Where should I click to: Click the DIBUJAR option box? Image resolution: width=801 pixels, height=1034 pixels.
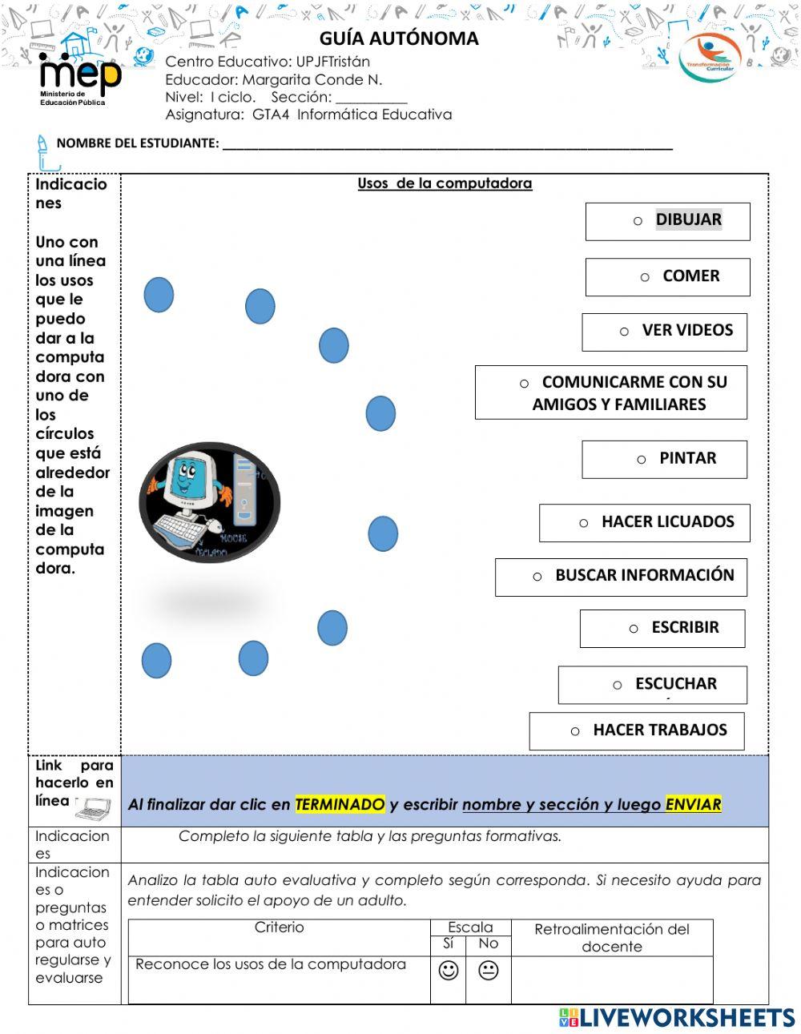click(668, 221)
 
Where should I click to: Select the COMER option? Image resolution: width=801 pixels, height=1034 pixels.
click(668, 277)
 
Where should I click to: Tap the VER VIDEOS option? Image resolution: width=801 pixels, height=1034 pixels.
click(665, 332)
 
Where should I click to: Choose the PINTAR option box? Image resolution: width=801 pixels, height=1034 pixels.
click(665, 460)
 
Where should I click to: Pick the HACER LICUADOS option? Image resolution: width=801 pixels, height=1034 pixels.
click(645, 523)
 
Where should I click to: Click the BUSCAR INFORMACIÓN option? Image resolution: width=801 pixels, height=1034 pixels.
click(622, 577)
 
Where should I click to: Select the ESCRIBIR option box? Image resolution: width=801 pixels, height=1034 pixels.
click(662, 629)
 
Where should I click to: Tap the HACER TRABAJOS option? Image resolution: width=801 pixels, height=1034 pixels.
click(637, 731)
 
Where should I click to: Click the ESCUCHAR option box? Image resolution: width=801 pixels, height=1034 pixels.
click(653, 685)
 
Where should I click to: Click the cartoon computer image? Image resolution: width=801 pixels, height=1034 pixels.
click(210, 502)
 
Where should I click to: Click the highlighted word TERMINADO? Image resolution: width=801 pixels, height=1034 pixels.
click(340, 804)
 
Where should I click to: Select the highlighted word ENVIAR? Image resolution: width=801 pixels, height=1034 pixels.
click(693, 804)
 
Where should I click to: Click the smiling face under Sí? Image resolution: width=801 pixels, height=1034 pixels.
click(449, 971)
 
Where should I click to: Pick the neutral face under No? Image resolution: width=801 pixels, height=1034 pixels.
click(488, 971)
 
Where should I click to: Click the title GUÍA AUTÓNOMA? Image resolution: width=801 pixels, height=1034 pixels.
click(399, 38)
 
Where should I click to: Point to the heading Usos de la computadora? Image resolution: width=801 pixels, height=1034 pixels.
click(445, 183)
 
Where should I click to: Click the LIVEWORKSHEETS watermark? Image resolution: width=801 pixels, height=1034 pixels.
click(678, 1018)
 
